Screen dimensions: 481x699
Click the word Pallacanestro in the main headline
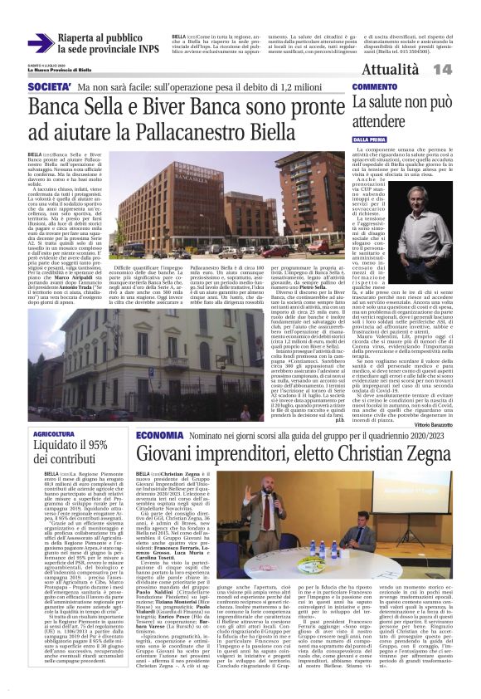click(205, 132)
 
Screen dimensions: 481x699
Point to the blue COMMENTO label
click(374, 87)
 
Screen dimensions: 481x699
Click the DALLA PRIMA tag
click(370, 140)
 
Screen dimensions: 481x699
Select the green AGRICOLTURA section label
click(60, 435)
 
